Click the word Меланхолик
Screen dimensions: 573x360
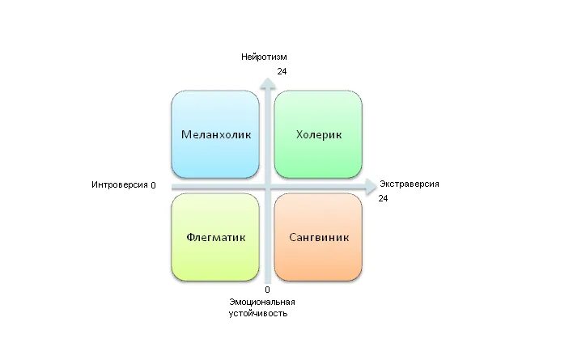[215, 134]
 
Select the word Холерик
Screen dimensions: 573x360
[318, 134]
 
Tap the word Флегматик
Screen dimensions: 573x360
[215, 238]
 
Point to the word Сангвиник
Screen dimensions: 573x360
[318, 238]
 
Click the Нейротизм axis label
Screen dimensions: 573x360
[264, 57]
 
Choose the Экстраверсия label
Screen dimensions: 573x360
[410, 184]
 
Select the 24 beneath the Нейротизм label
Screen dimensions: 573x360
[282, 72]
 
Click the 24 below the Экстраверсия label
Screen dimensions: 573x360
[384, 198]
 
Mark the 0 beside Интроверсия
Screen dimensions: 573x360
[153, 185]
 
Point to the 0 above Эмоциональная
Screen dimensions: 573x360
[268, 289]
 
